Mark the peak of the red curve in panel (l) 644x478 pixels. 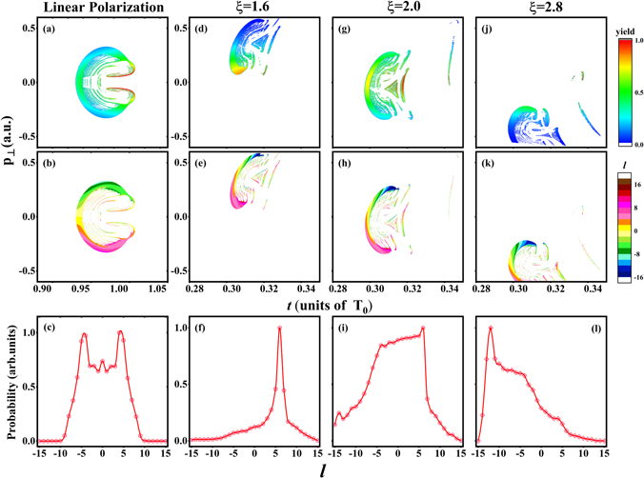490,329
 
